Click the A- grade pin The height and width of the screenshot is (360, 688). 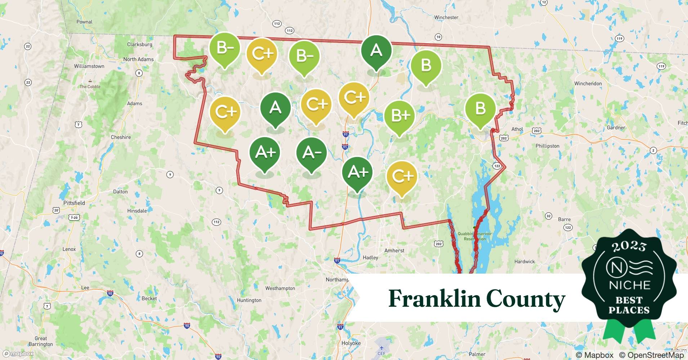[312, 153]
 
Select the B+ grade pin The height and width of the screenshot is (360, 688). [399, 116]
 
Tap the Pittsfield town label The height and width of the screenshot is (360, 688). [74, 203]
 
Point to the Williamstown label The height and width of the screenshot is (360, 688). [89, 66]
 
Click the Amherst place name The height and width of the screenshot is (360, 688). [394, 251]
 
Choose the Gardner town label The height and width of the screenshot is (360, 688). [616, 127]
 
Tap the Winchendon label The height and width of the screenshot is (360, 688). [588, 84]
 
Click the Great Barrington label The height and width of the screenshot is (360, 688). [41, 341]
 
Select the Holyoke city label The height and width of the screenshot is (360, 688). [351, 343]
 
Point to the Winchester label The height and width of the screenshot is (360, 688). [446, 17]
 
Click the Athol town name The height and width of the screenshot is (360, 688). [517, 129]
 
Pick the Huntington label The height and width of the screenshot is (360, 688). [249, 300]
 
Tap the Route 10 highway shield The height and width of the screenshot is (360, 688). [438, 37]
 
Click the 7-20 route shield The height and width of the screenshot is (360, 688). [74, 217]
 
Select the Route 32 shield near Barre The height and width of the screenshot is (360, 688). [548, 216]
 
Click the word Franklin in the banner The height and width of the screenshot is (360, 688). [434, 299]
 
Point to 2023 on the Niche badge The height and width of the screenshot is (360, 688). [629, 246]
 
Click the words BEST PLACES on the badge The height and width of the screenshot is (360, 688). [629, 305]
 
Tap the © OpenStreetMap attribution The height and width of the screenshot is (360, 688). [651, 355]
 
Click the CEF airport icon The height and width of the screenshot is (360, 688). [381, 348]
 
